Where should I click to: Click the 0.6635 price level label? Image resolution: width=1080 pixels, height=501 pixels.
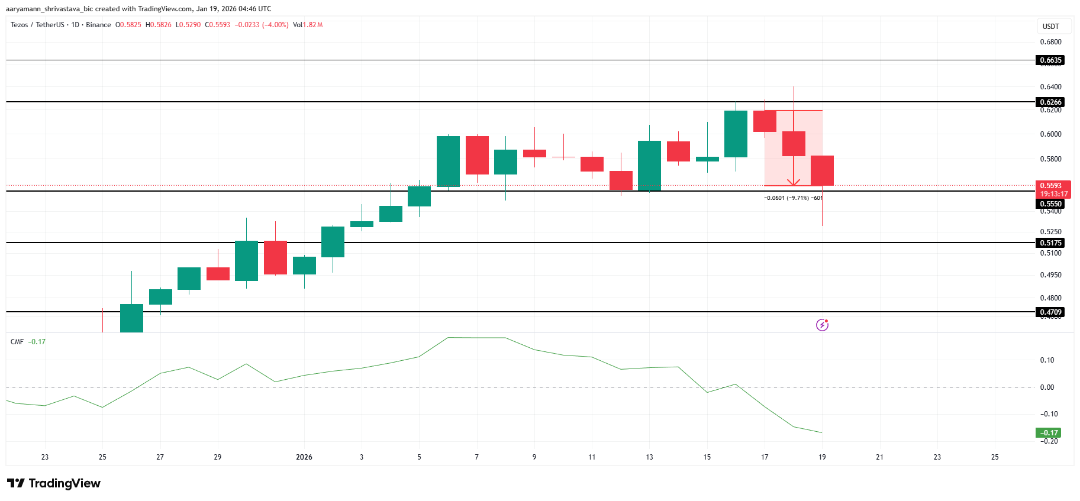1051,60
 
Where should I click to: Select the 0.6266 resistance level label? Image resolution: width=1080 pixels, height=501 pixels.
1051,102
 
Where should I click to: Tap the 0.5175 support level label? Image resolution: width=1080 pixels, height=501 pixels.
1051,243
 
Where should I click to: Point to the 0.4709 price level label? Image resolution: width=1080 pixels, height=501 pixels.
1051,312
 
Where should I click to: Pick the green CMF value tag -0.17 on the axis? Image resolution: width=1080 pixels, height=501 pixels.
1049,433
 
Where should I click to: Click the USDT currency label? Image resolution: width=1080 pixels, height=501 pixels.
1050,27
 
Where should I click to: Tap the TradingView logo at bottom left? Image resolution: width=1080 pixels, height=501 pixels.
54,483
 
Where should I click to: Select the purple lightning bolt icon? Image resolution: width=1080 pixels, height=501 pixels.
822,325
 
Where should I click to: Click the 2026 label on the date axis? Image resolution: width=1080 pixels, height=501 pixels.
304,457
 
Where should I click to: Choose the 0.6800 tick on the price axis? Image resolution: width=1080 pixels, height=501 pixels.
1050,42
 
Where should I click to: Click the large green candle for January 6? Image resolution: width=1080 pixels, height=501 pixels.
448,161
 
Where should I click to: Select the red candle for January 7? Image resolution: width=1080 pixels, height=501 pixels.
477,155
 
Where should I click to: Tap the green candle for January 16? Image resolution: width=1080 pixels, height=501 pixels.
736,134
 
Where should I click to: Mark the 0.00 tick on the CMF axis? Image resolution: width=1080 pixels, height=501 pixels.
1047,387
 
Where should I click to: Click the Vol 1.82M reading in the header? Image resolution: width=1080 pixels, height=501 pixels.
308,25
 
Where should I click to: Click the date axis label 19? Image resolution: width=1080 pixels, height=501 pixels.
822,457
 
